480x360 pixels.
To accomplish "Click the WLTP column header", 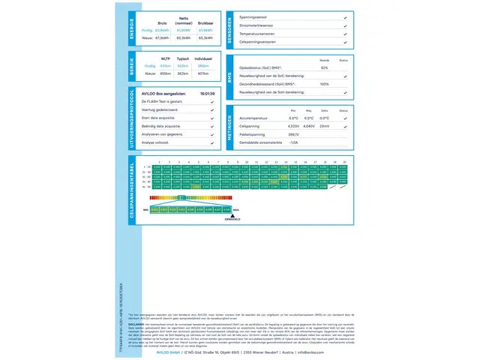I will click(x=166, y=57).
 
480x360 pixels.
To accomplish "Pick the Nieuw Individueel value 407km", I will click(x=203, y=73).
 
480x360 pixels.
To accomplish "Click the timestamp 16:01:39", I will click(x=208, y=94).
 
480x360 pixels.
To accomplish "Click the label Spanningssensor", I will click(x=254, y=16).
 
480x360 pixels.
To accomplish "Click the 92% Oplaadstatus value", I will click(x=325, y=67).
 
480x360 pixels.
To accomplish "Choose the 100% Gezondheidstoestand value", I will click(x=325, y=84).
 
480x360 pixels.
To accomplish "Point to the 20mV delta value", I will click(x=325, y=126).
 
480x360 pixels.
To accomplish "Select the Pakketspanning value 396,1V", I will click(x=293, y=133).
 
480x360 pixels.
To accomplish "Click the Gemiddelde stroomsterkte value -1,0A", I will click(x=293, y=142).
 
